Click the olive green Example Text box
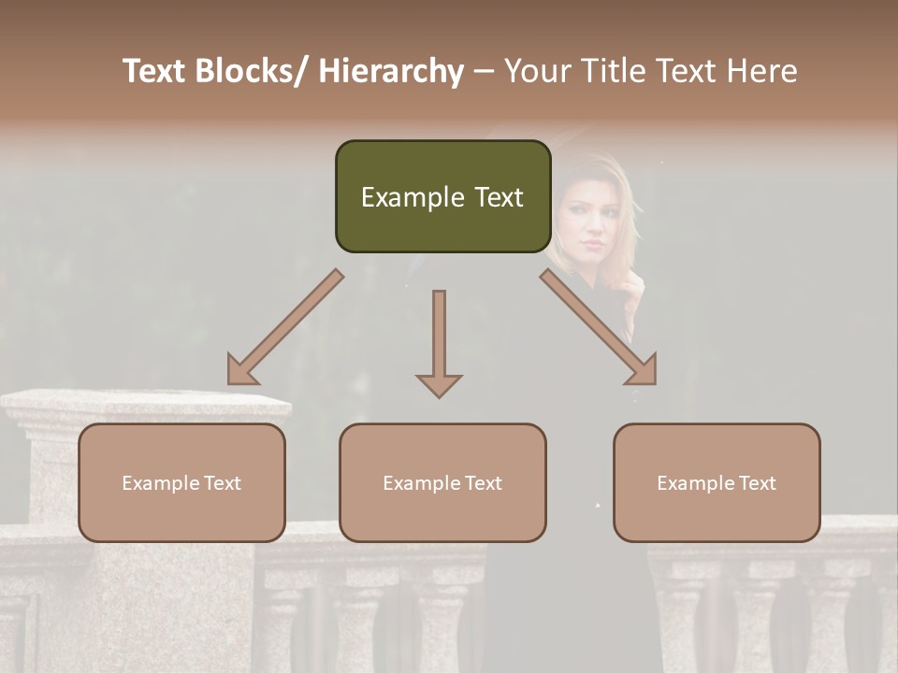[442, 196]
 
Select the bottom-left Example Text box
[181, 482]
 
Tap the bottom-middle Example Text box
[442, 482]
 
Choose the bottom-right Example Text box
[717, 482]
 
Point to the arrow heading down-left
[285, 327]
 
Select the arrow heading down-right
[599, 327]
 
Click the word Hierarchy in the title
[391, 71]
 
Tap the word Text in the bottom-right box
[757, 482]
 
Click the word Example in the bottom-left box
[160, 482]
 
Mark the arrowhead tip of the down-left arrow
[230, 381]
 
